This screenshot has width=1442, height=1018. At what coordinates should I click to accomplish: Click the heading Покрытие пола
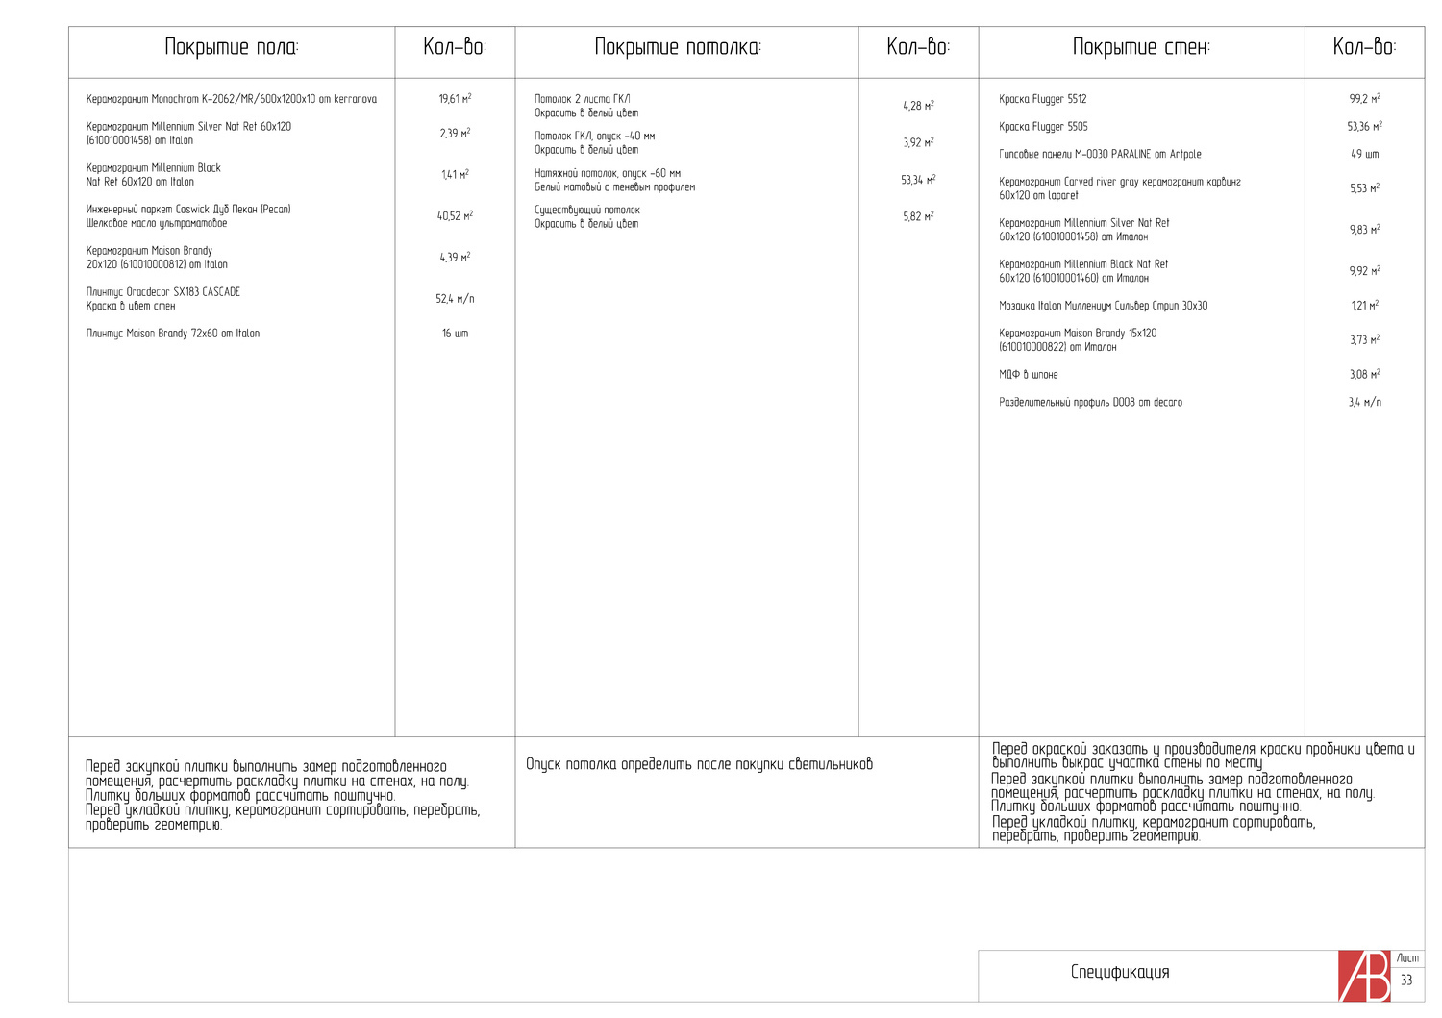(232, 47)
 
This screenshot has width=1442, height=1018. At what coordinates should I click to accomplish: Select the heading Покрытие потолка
(677, 47)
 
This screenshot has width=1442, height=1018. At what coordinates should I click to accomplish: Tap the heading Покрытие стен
(1141, 47)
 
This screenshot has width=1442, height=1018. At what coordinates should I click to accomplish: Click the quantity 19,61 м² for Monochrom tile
(455, 99)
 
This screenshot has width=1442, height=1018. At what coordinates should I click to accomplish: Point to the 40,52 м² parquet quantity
(455, 216)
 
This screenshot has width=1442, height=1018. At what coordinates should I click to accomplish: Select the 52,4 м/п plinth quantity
(455, 299)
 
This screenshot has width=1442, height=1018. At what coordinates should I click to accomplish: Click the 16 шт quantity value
(455, 334)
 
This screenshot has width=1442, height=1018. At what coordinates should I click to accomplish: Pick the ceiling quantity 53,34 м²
(918, 180)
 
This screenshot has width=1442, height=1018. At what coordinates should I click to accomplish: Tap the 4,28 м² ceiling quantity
(918, 106)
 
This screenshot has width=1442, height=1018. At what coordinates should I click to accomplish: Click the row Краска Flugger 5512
(1042, 99)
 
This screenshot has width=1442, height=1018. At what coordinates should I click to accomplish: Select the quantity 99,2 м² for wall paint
(1364, 99)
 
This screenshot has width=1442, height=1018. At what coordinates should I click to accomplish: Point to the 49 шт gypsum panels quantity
(1364, 154)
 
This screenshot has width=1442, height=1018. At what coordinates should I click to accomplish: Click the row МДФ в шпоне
(1028, 375)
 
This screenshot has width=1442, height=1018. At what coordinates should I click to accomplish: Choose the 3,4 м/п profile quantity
(1364, 403)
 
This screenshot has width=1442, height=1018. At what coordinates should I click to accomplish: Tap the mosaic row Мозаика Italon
(1103, 306)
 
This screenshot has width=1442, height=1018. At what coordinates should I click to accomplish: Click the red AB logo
(1364, 976)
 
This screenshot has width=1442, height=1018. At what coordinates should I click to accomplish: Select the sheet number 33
(1406, 981)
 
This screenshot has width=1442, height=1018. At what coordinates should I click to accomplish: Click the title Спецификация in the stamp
(1120, 972)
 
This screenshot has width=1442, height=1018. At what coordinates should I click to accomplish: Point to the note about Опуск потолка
(699, 765)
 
